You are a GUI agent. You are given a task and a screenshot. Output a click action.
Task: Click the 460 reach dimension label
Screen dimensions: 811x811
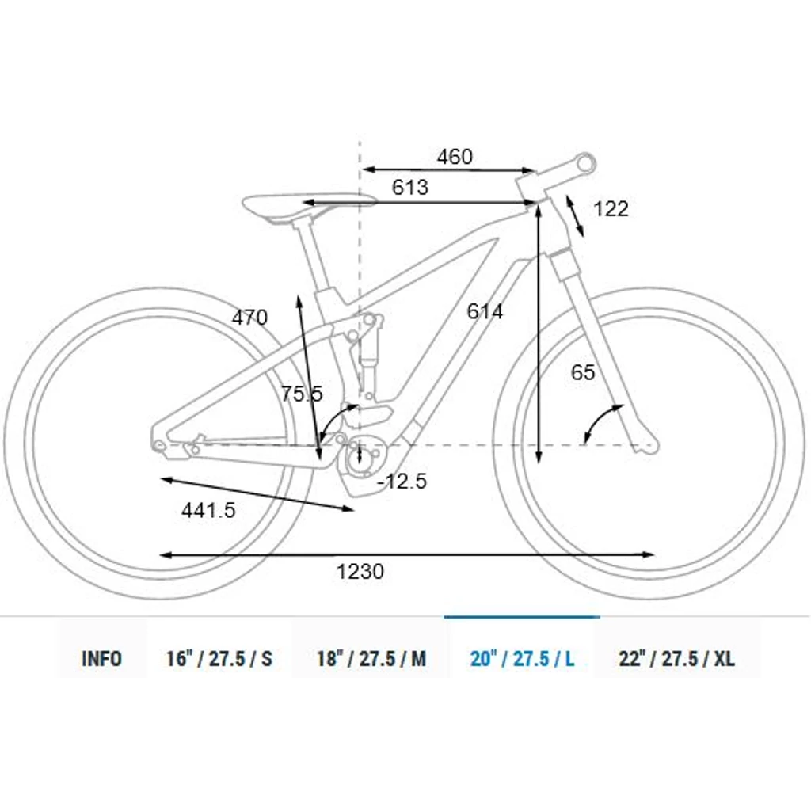(455, 157)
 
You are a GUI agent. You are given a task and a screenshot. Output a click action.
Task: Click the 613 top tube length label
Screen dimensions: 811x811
(410, 187)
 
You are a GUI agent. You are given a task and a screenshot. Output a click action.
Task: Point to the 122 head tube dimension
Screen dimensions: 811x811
(611, 209)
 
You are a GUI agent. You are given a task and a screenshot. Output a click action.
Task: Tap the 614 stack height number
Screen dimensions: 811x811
(485, 311)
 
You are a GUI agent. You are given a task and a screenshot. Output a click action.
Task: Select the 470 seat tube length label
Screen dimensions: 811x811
(249, 318)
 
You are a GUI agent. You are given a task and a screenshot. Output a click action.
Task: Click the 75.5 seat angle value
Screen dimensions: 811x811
(302, 394)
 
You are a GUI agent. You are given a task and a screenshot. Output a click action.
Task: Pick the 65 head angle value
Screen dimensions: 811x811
(583, 372)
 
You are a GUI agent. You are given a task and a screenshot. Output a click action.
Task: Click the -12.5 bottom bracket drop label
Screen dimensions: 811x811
(402, 482)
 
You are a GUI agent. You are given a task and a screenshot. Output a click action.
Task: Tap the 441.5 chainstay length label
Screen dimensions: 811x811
(208, 511)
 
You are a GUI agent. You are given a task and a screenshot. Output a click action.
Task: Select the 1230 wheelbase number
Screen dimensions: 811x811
(360, 572)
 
